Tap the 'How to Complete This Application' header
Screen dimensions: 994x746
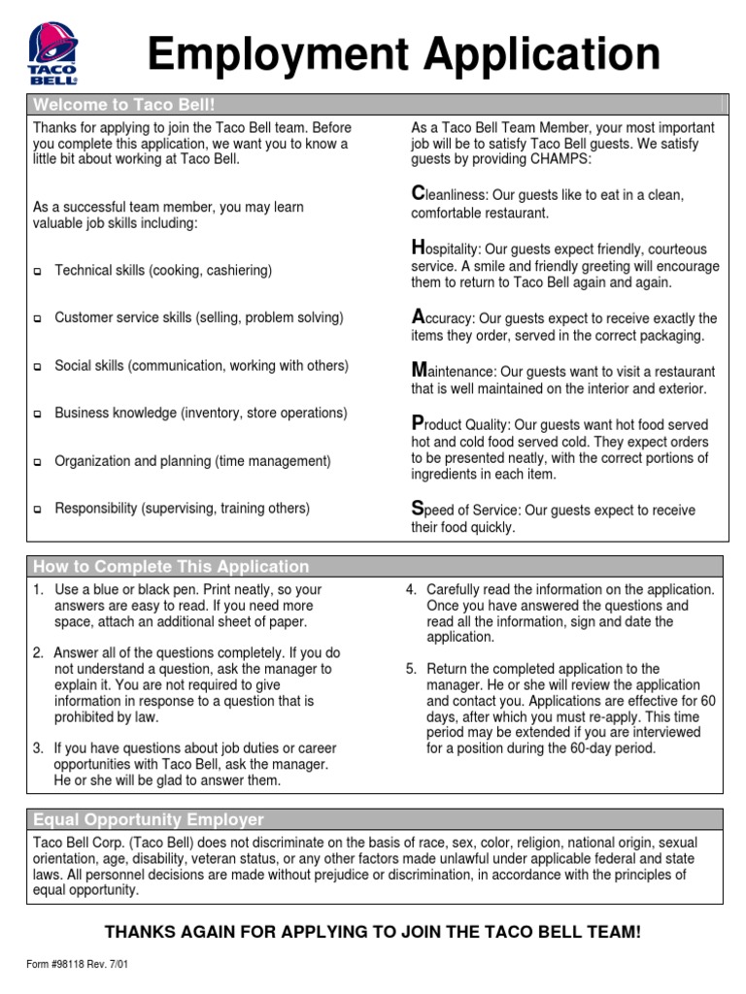coord(171,566)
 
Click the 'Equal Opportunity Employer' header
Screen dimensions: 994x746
coord(148,819)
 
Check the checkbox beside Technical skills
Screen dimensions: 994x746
coord(38,272)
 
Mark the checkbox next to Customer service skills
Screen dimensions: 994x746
coord(38,319)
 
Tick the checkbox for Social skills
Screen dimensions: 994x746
coord(38,367)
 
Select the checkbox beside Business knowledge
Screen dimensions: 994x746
coord(38,414)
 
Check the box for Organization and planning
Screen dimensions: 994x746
coord(38,462)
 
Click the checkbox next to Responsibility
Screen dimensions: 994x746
coord(38,510)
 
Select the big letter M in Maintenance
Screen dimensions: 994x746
coord(420,370)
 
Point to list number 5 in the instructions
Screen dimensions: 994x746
coord(411,669)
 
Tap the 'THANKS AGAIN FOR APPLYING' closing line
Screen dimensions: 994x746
coord(373,932)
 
